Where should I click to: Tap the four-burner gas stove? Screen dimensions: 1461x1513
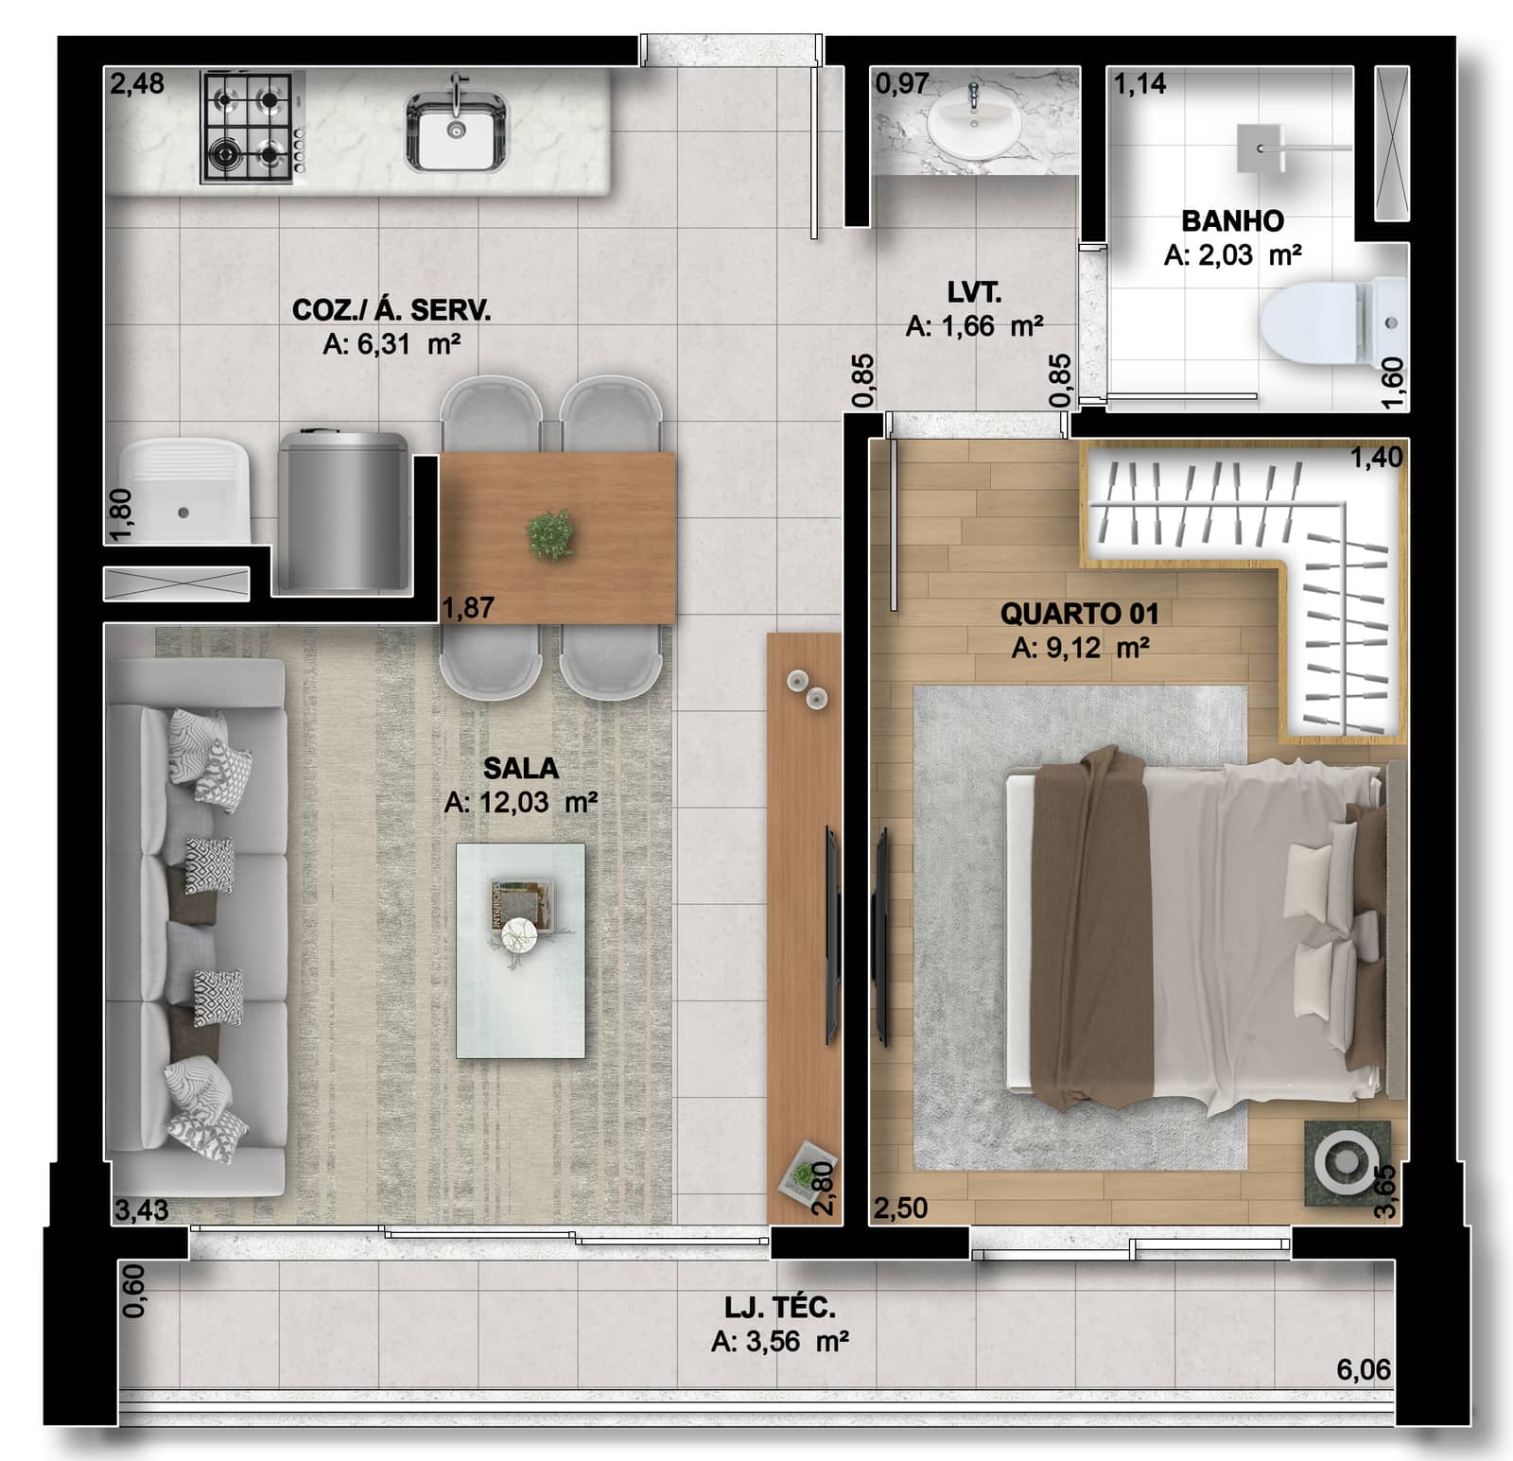pyautogui.click(x=252, y=127)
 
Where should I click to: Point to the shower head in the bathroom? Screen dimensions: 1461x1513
pyautogui.click(x=1260, y=148)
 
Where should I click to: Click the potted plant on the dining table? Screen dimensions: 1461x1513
pyautogui.click(x=550, y=535)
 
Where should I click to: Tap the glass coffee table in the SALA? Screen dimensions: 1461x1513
pyautogui.click(x=520, y=949)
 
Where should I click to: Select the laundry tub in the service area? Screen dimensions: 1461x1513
pyautogui.click(x=183, y=490)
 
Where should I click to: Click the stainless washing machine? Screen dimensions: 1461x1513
pyautogui.click(x=342, y=511)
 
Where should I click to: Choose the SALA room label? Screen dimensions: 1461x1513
pyautogui.click(x=520, y=768)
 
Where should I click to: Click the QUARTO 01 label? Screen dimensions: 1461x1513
pyautogui.click(x=1079, y=614)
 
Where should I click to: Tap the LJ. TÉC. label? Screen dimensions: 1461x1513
pyautogui.click(x=779, y=1308)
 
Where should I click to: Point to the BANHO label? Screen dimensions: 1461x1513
pyautogui.click(x=1232, y=221)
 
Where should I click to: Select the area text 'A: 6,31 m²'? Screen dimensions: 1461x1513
pyautogui.click(x=391, y=344)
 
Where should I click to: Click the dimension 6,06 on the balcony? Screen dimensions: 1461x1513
pyautogui.click(x=1363, y=1369)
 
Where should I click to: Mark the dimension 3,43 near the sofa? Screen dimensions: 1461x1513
pyautogui.click(x=141, y=1209)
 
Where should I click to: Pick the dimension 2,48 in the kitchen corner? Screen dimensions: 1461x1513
pyautogui.click(x=137, y=84)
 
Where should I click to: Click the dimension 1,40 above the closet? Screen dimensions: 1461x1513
pyautogui.click(x=1376, y=458)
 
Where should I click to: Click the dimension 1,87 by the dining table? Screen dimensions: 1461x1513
pyautogui.click(x=468, y=607)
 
